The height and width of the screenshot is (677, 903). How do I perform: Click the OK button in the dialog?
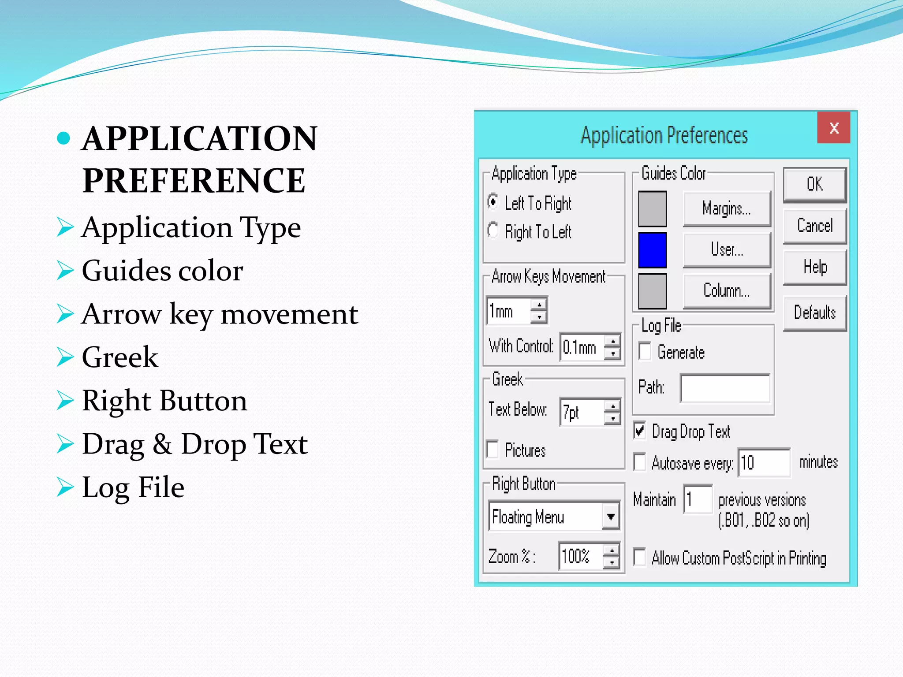[814, 184]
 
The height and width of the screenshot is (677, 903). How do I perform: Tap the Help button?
[814, 267]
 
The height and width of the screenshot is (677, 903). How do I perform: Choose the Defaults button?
[814, 312]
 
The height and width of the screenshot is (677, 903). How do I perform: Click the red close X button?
[833, 128]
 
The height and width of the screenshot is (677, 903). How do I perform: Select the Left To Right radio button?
[493, 202]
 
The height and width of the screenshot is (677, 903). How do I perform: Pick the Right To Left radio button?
[493, 231]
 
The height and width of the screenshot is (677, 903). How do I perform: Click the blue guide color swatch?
[652, 250]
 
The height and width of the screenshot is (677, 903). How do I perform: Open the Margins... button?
[726, 208]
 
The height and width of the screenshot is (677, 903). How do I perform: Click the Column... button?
[726, 291]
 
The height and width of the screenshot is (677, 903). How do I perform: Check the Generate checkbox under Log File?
[645, 352]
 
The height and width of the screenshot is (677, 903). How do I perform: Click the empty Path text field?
[725, 388]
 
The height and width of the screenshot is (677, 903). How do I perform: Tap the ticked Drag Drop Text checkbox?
[639, 431]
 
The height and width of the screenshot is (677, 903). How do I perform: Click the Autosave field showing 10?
[764, 463]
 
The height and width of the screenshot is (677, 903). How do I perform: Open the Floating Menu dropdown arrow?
[611, 516]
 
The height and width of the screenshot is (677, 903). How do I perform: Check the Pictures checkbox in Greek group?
[493, 450]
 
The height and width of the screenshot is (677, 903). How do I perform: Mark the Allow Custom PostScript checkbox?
[639, 557]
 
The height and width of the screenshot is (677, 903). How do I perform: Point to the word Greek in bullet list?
[120, 357]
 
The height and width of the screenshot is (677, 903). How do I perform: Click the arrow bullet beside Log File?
[65, 487]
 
